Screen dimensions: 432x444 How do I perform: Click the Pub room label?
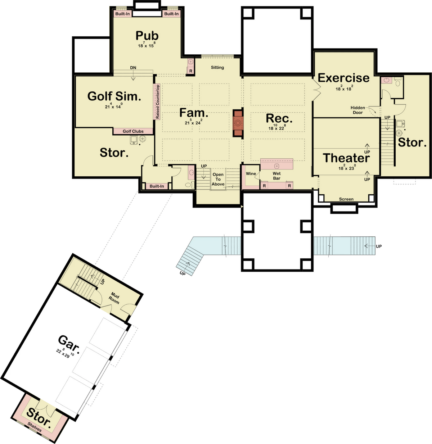147,36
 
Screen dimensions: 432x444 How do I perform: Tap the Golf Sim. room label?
114,96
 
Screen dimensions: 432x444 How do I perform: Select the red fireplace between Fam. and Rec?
238,123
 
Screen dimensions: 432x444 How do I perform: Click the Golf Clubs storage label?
133,131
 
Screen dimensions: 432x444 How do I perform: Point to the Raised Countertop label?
157,101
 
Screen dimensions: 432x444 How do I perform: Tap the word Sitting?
217,67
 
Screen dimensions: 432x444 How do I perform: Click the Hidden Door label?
358,110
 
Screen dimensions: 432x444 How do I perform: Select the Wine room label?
251,174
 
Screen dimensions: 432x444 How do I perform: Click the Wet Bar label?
276,176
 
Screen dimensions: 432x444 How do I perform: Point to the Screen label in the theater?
346,199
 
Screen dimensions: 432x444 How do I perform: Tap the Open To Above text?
218,179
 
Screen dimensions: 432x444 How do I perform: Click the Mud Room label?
114,298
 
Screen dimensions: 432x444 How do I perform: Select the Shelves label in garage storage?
35,427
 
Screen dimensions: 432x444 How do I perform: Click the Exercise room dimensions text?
344,88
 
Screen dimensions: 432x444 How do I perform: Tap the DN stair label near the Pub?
133,68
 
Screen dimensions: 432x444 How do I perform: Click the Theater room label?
346,158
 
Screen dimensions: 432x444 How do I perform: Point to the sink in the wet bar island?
276,166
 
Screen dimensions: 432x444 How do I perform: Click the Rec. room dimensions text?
277,127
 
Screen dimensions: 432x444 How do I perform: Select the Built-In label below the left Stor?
157,186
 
